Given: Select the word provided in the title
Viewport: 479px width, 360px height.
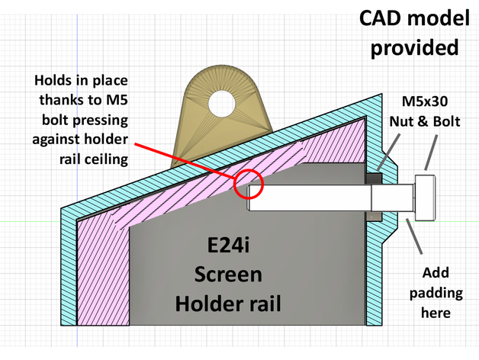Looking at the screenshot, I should pyautogui.click(x=414, y=47).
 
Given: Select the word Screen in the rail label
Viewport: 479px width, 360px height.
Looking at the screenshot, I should pyautogui.click(x=229, y=275).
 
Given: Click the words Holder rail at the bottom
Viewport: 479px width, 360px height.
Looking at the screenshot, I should pyautogui.click(x=230, y=304).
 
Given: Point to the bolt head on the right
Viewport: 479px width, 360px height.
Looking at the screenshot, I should pyautogui.click(x=424, y=198).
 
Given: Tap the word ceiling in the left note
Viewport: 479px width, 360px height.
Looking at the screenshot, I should pyautogui.click(x=104, y=159).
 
